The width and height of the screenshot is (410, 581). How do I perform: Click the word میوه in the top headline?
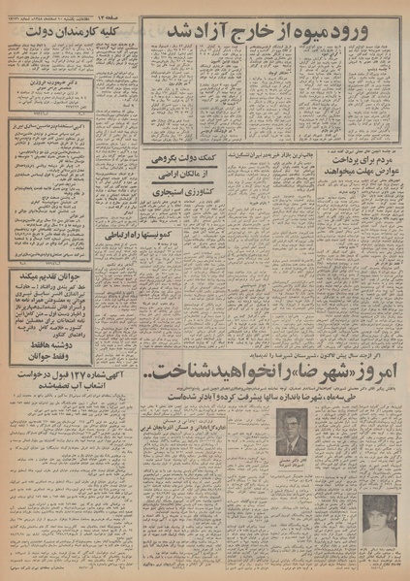[312, 33]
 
